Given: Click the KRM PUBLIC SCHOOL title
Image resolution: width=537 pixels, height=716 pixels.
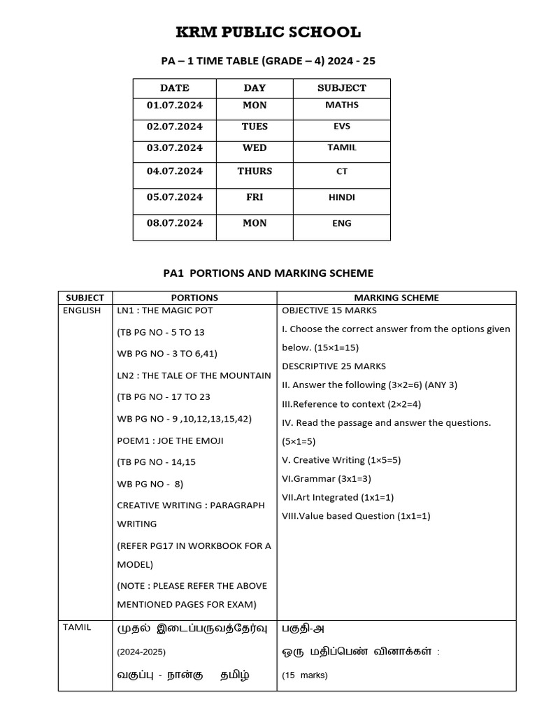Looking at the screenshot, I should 268,32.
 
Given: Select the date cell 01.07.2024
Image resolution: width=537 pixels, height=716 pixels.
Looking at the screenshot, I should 174,105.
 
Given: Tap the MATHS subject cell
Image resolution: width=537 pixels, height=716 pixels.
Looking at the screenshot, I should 341,105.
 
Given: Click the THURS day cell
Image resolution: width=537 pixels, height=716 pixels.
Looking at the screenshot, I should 255,171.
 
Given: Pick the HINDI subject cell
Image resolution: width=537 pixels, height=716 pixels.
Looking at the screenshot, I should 341,197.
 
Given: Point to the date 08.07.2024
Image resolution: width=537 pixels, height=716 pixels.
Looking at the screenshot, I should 174,223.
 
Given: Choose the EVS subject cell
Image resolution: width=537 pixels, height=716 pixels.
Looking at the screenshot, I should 341,127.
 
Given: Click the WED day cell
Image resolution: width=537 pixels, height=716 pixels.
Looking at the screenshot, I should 255,148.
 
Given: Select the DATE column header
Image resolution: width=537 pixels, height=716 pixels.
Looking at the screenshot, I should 174,88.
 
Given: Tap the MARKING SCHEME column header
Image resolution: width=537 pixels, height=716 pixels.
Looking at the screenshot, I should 396,297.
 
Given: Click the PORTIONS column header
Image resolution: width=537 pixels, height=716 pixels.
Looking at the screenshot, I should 194,297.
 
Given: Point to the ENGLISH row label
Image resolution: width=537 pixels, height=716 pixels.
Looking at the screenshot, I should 82,310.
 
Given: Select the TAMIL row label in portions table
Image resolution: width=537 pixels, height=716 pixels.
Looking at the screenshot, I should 77,627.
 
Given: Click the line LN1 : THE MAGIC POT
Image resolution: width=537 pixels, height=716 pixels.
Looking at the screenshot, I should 175,310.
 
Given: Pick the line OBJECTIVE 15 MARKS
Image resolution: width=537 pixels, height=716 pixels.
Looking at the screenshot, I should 329,310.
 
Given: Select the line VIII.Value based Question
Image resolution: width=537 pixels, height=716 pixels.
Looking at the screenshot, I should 356,516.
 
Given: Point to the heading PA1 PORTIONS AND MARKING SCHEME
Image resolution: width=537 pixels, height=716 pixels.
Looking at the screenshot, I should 268,273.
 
